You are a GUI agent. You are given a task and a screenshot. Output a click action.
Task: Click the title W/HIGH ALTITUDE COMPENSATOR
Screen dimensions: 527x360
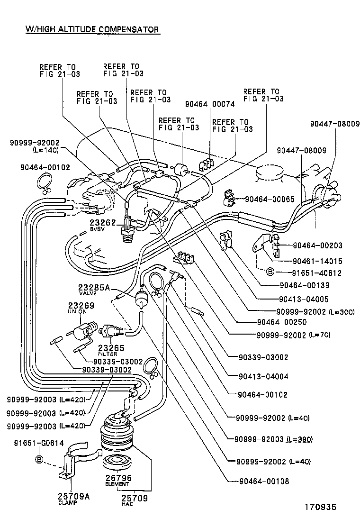point(92,29)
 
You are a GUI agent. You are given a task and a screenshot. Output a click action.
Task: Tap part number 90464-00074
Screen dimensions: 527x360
point(210,104)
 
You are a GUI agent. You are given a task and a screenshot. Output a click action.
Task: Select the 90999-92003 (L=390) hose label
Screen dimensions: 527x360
point(273,439)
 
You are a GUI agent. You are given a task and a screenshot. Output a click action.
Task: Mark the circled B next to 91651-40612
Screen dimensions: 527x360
point(270,273)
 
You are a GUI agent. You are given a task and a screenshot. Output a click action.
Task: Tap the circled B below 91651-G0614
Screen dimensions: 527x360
point(39,459)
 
